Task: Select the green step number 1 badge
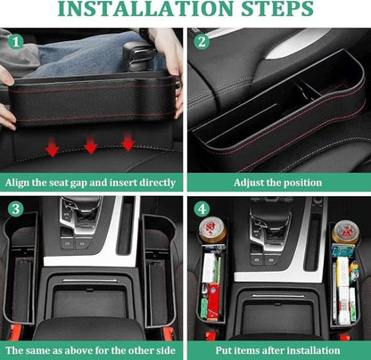point(15,40)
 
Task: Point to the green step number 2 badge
point(202,40)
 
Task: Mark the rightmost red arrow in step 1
point(128,142)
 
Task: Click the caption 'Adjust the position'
point(277,182)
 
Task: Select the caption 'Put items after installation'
point(277,350)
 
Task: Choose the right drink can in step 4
point(345,233)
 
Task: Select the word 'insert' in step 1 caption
point(128,182)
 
